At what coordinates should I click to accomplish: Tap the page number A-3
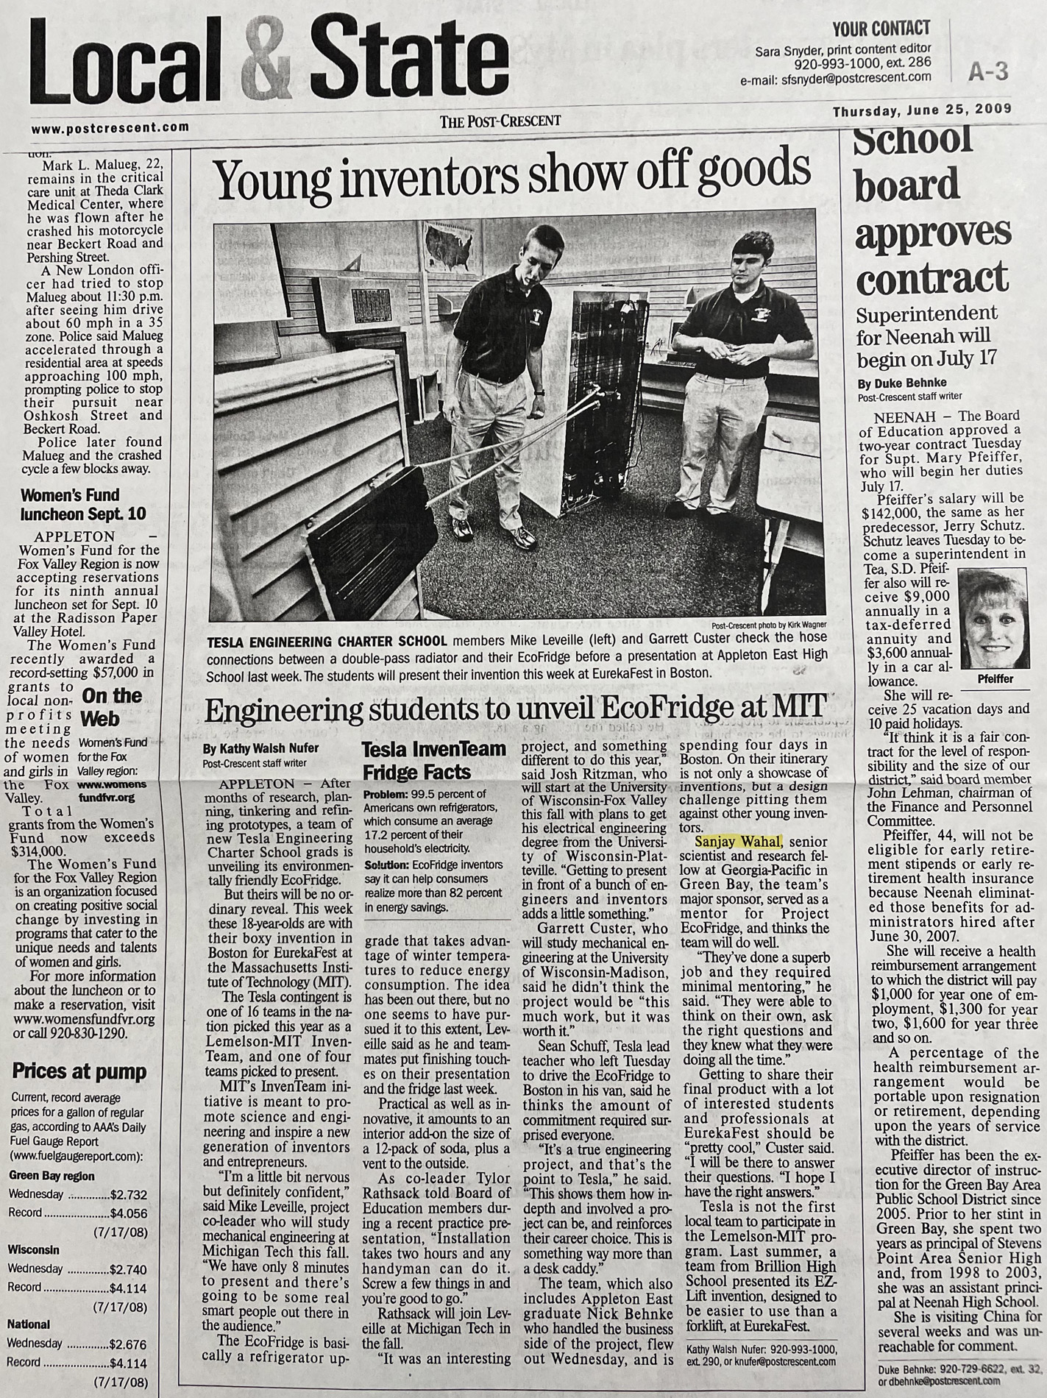987,71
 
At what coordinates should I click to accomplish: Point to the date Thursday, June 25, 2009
922,110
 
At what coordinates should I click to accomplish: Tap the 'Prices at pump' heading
79,1071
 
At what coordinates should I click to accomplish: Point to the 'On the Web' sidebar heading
111,707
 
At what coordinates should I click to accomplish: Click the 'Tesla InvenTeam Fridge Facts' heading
434,761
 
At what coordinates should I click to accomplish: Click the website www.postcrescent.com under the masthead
110,127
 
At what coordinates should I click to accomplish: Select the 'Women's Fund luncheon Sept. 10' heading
83,504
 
